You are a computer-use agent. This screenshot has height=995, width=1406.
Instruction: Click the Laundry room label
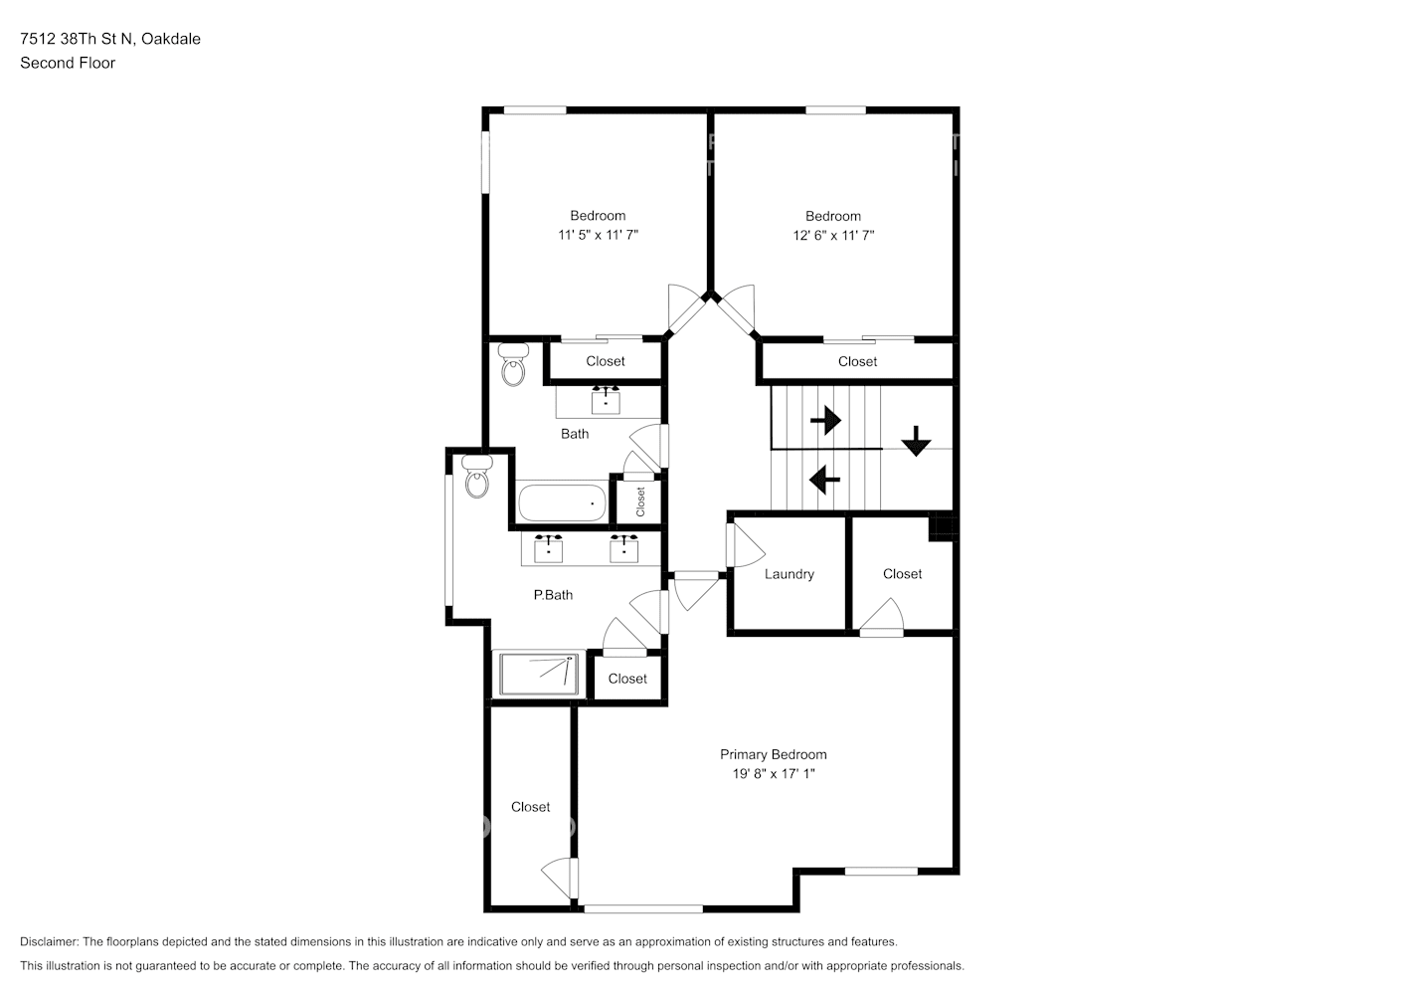coord(789,574)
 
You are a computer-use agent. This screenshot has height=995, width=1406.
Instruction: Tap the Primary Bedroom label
coord(774,754)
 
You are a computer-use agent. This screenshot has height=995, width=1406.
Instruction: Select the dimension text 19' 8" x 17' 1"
coord(774,774)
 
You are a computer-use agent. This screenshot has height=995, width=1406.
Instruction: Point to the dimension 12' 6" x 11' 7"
coord(833,236)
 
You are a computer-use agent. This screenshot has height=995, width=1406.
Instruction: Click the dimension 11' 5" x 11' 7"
coord(598,235)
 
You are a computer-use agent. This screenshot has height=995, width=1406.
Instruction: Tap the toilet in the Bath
coord(513,364)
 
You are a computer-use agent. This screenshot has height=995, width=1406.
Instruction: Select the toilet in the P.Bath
coord(477,477)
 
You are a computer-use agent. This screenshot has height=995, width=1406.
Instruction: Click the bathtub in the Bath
coord(563,502)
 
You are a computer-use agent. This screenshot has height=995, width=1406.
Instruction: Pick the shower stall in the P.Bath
coord(539,674)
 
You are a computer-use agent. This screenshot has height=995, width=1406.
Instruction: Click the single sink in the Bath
coord(606,400)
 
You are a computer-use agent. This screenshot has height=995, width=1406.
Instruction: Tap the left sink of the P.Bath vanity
coord(548,548)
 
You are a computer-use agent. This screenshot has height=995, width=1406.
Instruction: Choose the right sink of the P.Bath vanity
coord(623,548)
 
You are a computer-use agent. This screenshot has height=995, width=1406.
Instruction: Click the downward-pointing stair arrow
coord(917,441)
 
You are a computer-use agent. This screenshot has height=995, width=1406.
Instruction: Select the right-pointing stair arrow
coord(825,420)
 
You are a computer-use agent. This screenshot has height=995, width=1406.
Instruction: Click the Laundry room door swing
coord(746,545)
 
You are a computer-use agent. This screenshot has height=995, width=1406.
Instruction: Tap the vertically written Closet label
coord(640,501)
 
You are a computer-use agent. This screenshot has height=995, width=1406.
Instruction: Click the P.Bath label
coord(553,595)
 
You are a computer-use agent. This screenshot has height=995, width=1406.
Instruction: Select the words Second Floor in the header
coord(68,63)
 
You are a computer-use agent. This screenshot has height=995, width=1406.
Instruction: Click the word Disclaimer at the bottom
coord(50,941)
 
